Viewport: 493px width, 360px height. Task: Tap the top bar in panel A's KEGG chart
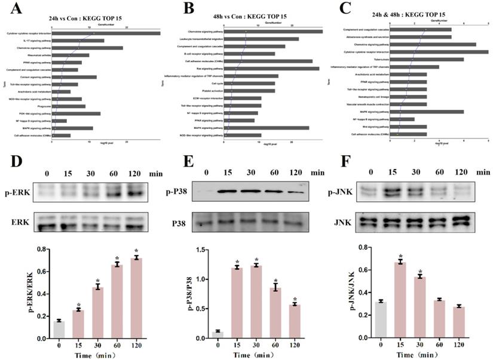coord(106,33)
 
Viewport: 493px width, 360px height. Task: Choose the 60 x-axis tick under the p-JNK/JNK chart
coord(440,345)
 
